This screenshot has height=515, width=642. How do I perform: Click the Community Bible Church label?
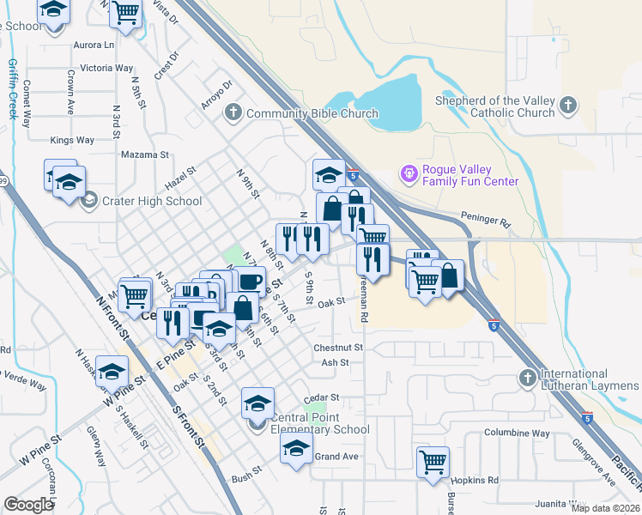pos(312,113)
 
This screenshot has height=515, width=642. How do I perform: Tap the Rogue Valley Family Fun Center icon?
pos(409,174)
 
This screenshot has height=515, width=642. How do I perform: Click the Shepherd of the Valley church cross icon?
pos(566,106)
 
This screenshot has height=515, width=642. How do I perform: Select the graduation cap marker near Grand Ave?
pos(297,450)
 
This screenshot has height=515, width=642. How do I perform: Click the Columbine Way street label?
pos(517,433)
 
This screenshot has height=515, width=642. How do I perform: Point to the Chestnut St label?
pos(338,348)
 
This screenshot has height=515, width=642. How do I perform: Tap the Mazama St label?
pos(146,155)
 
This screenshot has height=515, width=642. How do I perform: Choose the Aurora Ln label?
pos(94,45)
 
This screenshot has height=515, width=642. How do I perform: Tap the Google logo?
pos(27,505)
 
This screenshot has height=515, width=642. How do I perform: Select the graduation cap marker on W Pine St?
pos(112,371)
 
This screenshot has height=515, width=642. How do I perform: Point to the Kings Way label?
pos(72,140)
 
